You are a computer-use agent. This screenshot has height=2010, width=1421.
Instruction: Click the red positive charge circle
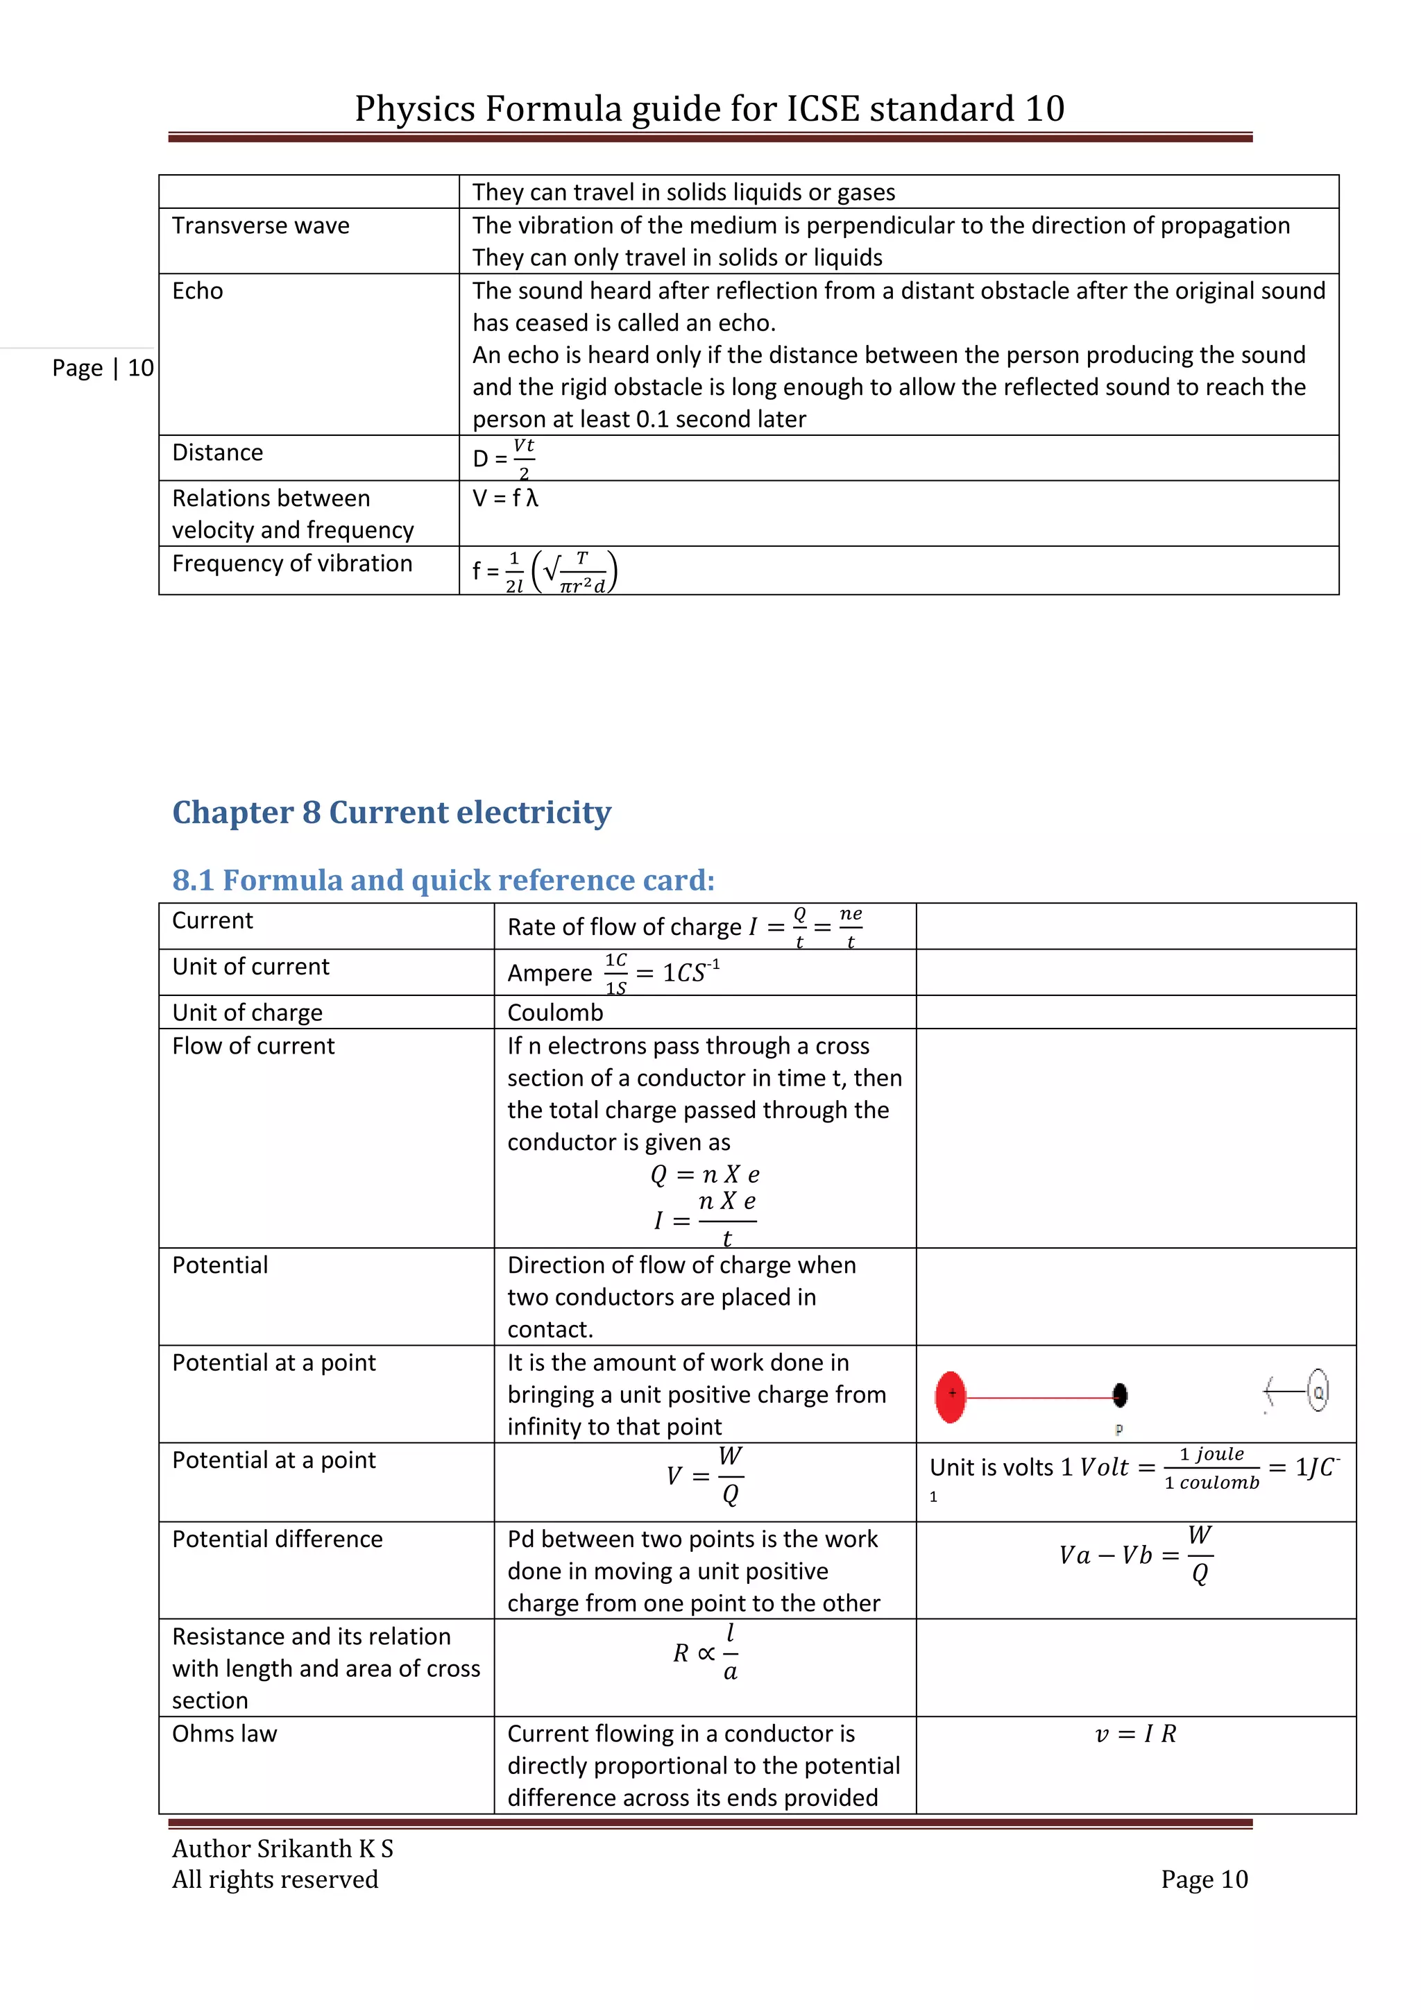click(x=951, y=1397)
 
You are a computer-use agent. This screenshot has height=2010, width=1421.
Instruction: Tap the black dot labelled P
click(x=1119, y=1396)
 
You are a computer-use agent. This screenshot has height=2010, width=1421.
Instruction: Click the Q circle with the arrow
click(x=1318, y=1391)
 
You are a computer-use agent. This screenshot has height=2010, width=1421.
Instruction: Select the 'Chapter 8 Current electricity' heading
click(x=391, y=813)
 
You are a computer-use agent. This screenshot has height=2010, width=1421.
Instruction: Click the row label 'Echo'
click(x=198, y=291)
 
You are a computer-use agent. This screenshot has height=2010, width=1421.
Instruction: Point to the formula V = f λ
click(x=506, y=498)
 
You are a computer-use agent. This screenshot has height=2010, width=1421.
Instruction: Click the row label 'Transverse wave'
click(x=261, y=226)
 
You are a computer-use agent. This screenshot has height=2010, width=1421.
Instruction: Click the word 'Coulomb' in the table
click(x=556, y=1013)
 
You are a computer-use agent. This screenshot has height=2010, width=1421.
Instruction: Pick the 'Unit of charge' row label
click(x=248, y=1013)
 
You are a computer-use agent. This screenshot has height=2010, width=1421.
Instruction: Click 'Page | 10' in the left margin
click(x=103, y=368)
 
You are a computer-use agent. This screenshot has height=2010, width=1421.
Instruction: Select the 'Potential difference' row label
click(x=278, y=1539)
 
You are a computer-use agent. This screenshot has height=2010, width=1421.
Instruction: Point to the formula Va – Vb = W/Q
click(x=1136, y=1555)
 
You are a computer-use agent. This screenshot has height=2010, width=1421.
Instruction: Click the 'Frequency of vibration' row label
click(x=292, y=564)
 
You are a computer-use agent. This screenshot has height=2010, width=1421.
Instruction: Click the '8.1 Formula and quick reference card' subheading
click(x=443, y=880)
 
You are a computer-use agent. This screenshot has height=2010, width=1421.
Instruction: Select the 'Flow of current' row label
click(x=254, y=1046)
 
